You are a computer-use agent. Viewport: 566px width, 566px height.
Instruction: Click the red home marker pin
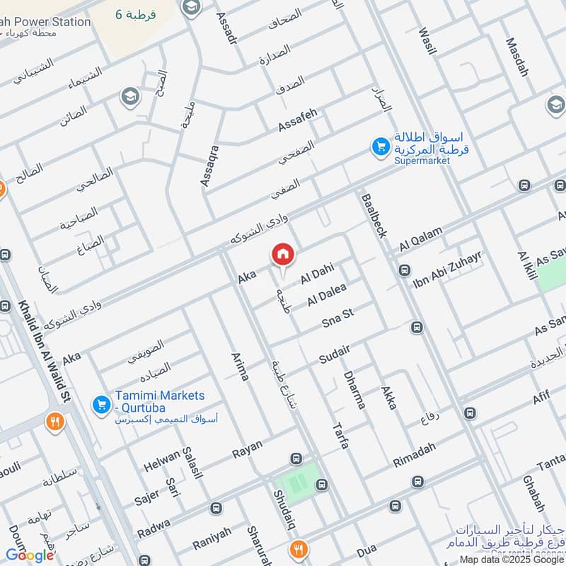(282, 254)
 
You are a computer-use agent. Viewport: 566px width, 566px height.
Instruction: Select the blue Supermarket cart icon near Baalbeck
(381, 147)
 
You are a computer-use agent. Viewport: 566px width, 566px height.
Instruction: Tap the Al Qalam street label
(421, 238)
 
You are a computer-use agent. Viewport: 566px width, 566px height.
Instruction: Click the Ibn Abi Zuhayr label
(447, 268)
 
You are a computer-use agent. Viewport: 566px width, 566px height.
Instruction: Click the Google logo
(30, 555)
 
